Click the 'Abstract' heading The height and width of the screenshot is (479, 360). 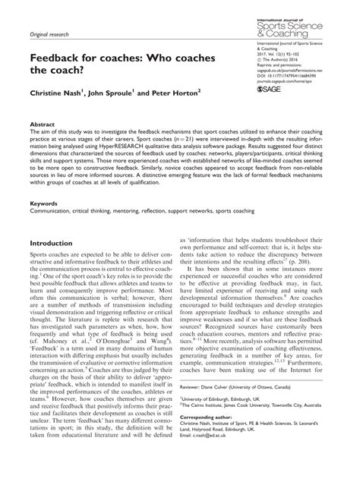(42, 145)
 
